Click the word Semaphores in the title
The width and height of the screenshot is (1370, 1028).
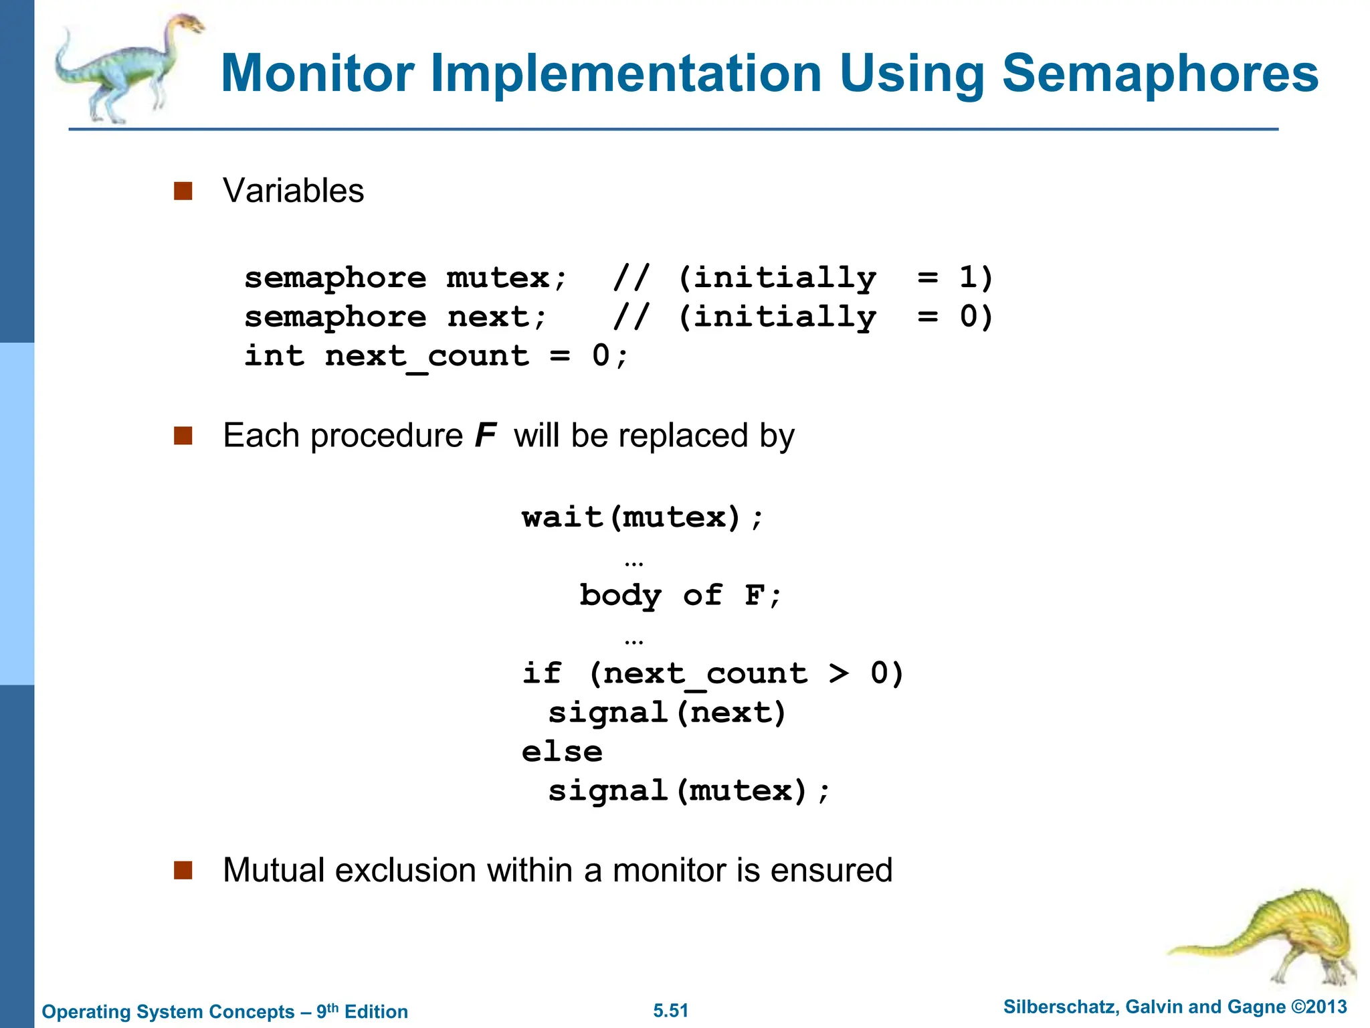1159,74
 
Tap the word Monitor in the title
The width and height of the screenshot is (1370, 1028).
317,74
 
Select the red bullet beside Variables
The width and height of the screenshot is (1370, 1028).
183,191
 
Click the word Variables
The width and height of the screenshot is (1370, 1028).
293,191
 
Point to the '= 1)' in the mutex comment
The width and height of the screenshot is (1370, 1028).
955,277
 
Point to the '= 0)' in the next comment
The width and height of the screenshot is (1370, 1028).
955,316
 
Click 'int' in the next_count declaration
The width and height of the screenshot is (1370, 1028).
274,355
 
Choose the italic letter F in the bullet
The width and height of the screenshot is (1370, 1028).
485,436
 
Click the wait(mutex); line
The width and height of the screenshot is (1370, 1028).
642,517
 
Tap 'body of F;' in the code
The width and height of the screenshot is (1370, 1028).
680,596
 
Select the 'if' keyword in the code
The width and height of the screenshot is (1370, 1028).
542,673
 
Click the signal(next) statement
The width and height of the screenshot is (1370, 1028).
667,713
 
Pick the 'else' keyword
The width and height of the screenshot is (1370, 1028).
562,752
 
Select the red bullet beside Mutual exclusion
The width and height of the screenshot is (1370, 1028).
183,870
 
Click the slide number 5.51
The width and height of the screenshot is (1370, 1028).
670,1011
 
